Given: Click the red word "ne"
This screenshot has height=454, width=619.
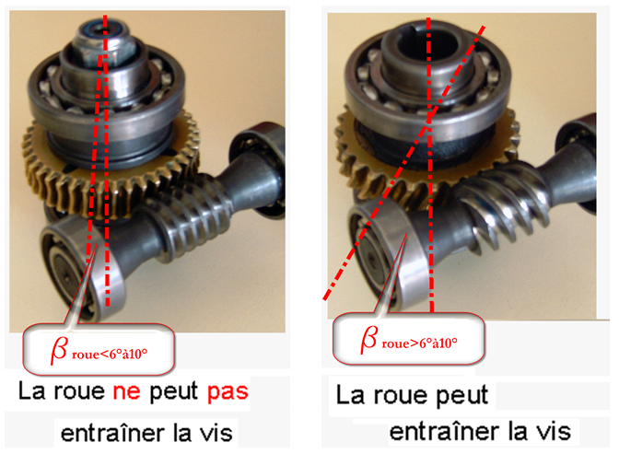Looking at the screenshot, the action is (127, 391).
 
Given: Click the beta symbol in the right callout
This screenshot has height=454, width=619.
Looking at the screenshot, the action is (369, 339).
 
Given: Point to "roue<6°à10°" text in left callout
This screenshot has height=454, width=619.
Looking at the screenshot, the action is (110, 355).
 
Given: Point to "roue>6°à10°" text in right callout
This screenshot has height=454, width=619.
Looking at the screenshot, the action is (420, 343).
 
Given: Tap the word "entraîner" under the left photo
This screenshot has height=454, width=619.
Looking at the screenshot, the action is (112, 433).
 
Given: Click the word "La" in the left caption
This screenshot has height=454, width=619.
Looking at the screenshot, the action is (31, 390).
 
